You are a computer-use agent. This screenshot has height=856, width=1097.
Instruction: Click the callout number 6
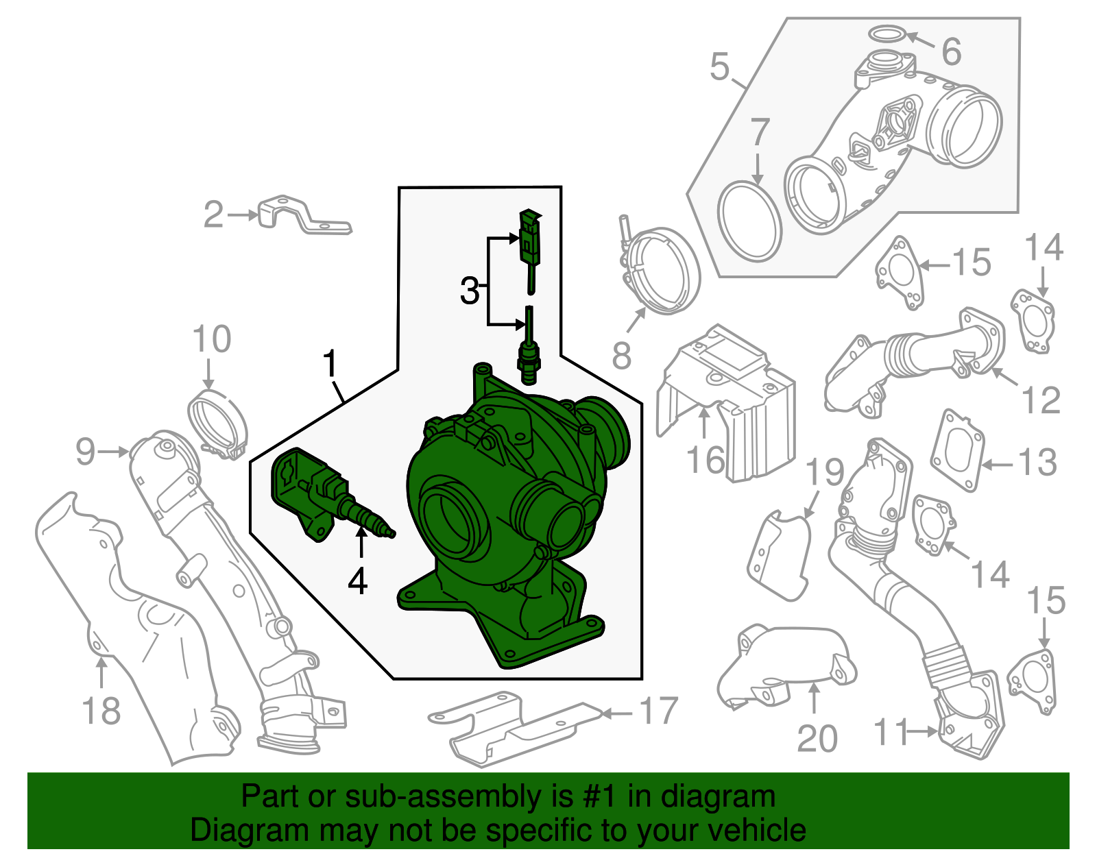951,52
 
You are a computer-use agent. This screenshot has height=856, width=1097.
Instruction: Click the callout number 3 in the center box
470,291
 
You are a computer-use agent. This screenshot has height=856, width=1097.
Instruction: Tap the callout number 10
211,340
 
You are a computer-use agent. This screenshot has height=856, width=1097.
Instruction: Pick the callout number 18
101,711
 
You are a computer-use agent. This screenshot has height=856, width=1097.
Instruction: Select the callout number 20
817,739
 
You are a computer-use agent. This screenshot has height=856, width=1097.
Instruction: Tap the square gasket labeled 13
957,451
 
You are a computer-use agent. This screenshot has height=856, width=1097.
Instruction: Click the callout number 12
1041,400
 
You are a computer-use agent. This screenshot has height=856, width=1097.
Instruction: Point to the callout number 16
706,460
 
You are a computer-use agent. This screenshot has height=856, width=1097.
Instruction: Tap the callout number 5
719,67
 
